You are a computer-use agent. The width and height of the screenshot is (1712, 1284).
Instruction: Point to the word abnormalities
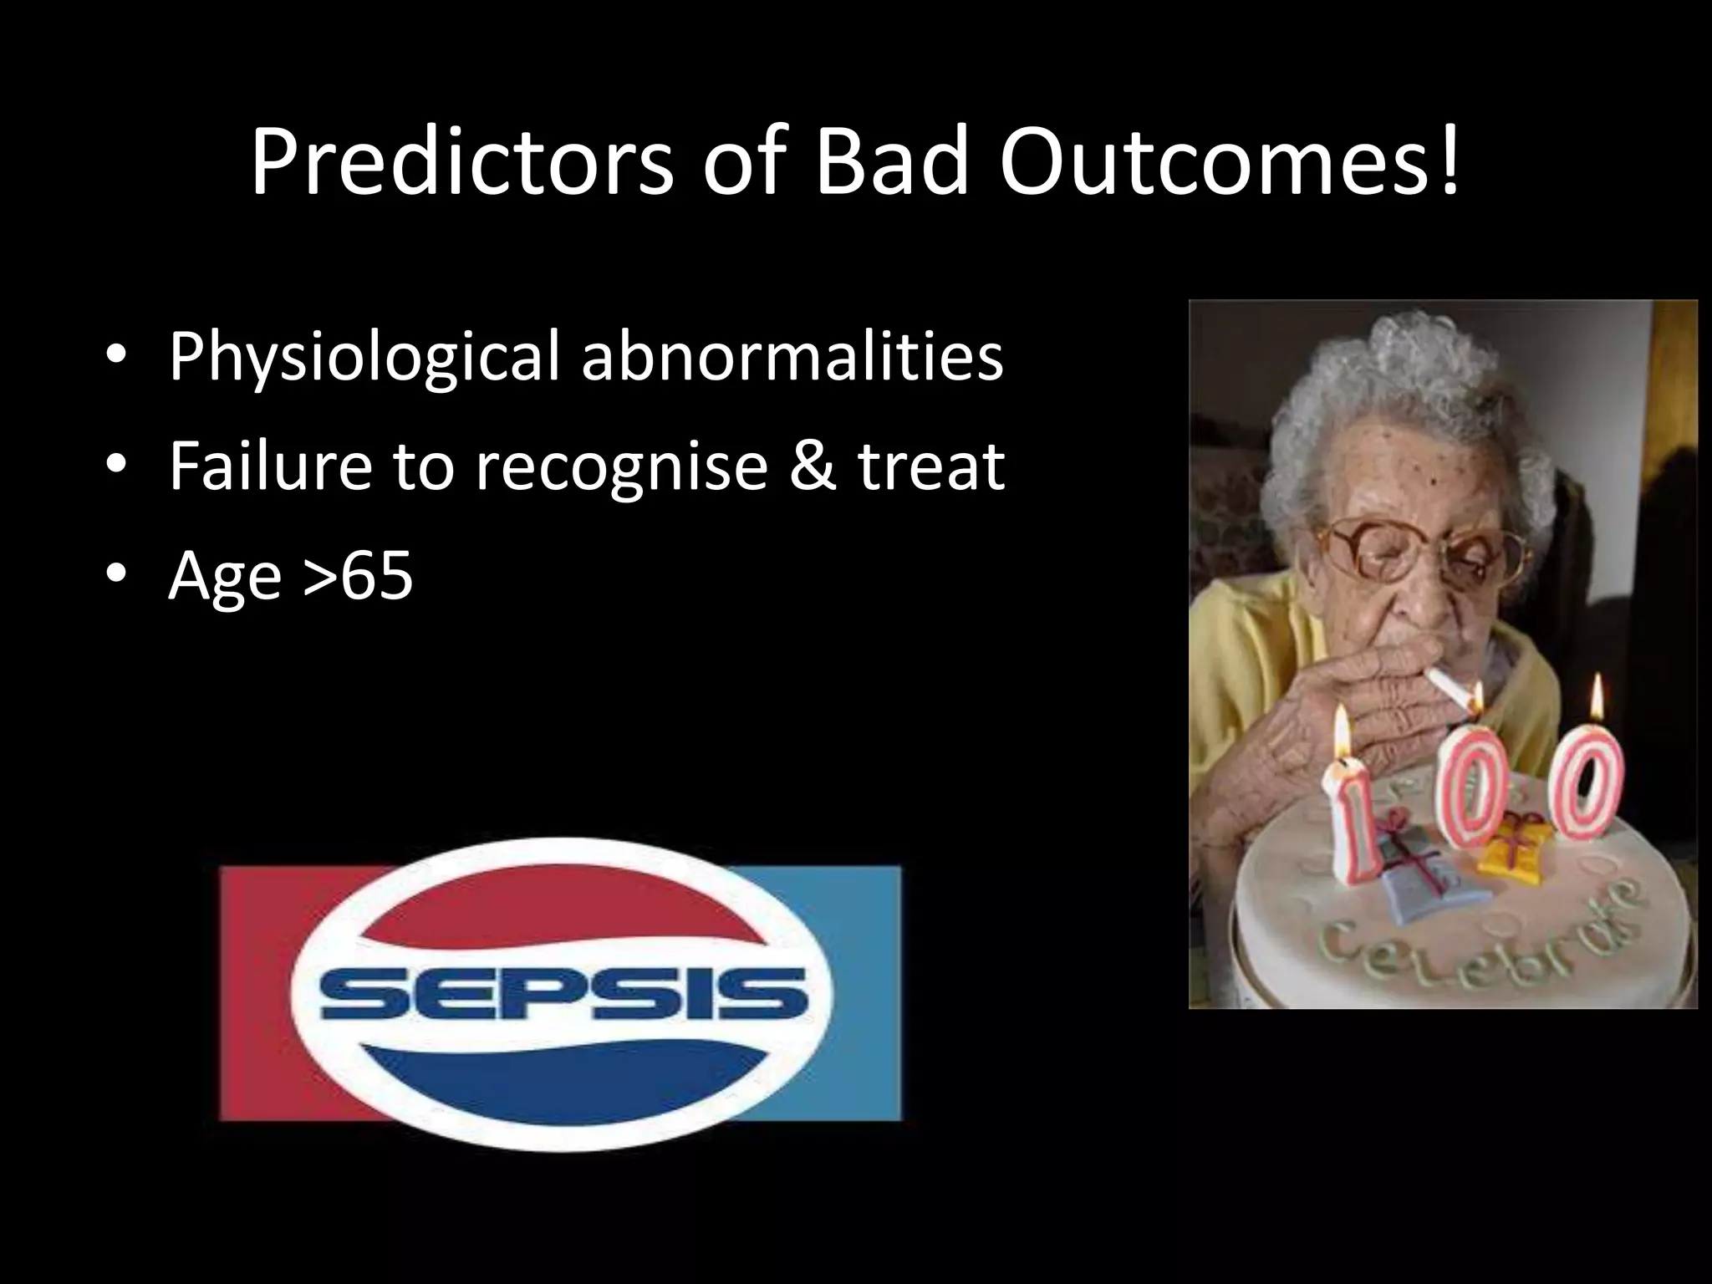(792, 356)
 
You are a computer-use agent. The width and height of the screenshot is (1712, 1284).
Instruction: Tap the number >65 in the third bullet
(359, 576)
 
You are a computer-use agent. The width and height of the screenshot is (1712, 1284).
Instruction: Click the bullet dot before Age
(117, 574)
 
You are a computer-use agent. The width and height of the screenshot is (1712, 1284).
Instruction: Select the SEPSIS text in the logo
(564, 994)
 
